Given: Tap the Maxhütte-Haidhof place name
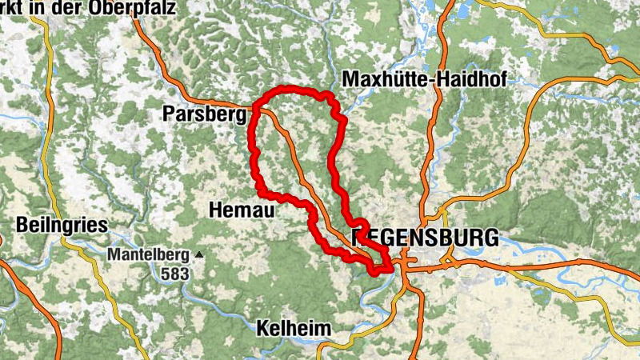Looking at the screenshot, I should tap(425, 78).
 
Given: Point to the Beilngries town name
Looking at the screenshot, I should tap(62, 225).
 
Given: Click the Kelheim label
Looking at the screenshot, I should tap(293, 328).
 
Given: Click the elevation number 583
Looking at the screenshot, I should tap(174, 274).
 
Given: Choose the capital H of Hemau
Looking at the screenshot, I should tap(214, 210).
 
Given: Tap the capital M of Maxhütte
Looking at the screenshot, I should tap(349, 78).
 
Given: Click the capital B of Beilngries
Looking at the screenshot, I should tap(22, 225).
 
